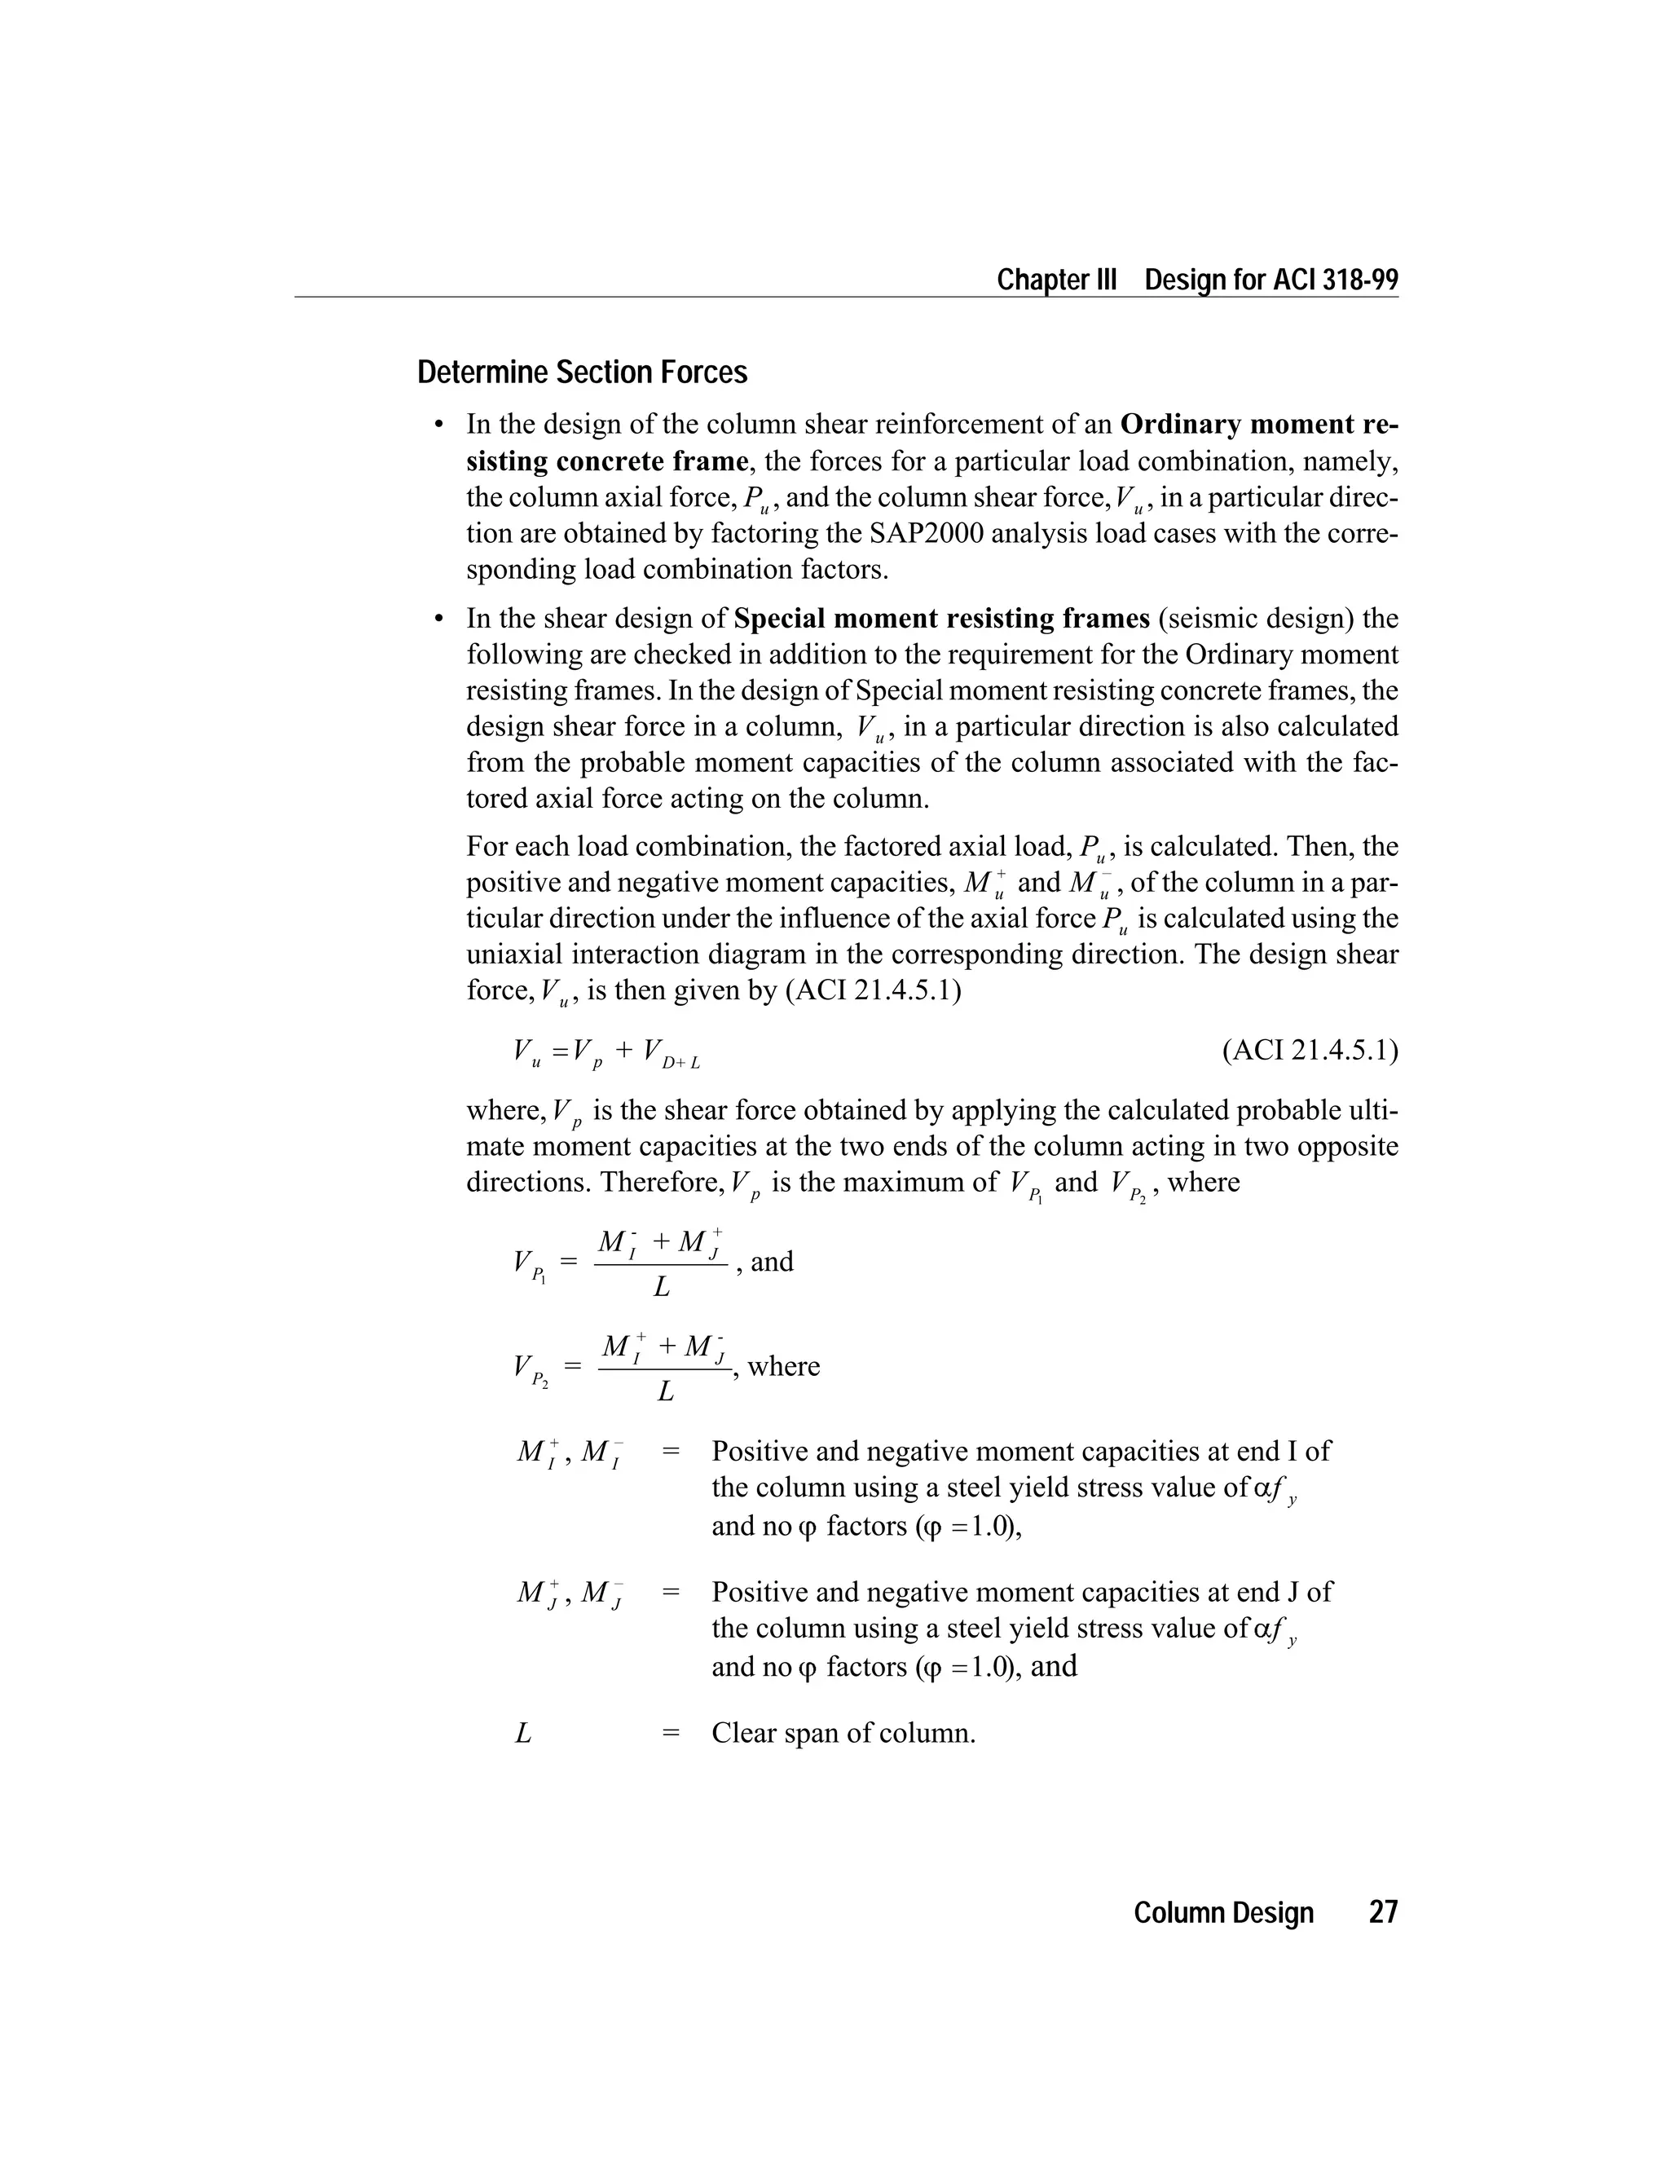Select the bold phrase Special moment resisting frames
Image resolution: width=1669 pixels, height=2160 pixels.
942,619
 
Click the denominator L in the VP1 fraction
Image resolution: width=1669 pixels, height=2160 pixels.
662,1288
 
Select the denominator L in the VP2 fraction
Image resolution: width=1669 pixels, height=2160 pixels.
666,1392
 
